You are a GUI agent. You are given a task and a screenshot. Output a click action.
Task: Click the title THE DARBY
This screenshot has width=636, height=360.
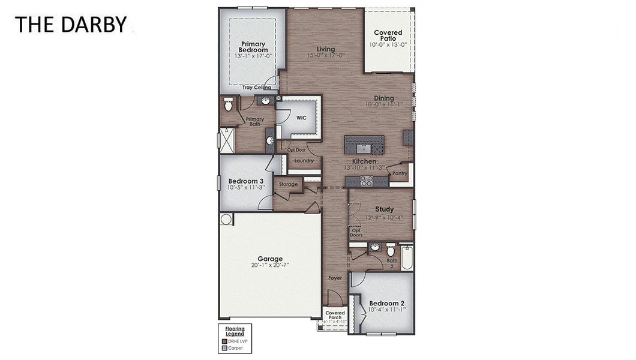click(x=71, y=25)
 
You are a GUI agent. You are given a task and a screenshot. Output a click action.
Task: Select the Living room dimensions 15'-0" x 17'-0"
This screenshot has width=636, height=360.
click(x=326, y=55)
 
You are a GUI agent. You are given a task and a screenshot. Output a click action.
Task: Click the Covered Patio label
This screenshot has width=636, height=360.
click(x=388, y=35)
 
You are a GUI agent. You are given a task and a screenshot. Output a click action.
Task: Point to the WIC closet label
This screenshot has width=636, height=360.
click(x=301, y=118)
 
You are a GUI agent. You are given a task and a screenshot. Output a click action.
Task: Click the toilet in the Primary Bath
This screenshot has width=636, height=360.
click(x=228, y=106)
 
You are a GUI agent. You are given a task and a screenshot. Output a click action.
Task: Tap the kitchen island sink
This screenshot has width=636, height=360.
click(x=364, y=146)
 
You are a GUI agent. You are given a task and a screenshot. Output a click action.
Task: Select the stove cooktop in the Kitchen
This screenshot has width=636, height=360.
click(x=367, y=180)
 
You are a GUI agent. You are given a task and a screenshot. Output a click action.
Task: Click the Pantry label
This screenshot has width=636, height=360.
click(x=400, y=173)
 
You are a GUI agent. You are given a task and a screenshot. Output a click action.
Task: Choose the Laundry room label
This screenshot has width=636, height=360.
click(x=304, y=161)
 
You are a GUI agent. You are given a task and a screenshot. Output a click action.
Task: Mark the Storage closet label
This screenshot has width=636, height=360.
click(x=288, y=184)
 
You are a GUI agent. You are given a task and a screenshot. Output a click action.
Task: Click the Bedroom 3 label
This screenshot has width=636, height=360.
click(x=246, y=181)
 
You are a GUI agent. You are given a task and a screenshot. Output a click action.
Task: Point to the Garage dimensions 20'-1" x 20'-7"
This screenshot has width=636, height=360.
click(x=270, y=265)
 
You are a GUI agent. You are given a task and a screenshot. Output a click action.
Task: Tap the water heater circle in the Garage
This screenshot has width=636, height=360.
click(x=226, y=219)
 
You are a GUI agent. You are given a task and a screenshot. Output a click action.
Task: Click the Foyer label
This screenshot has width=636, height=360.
click(x=335, y=278)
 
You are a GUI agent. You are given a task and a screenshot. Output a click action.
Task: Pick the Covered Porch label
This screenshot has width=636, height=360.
click(x=335, y=315)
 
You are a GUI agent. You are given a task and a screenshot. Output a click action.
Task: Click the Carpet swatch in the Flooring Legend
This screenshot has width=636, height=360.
click(x=224, y=347)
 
